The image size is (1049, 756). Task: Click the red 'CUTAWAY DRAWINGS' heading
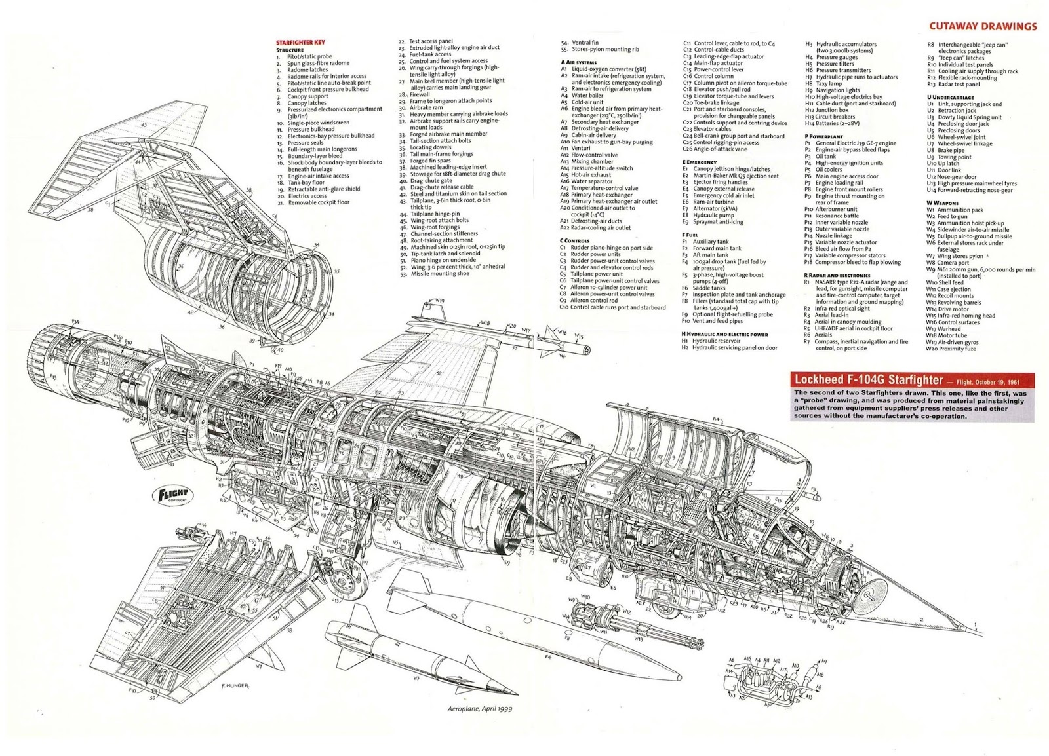[x=983, y=27]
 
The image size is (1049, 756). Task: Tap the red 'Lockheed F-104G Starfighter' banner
[x=865, y=380]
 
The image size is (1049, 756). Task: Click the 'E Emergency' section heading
[x=700, y=162]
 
